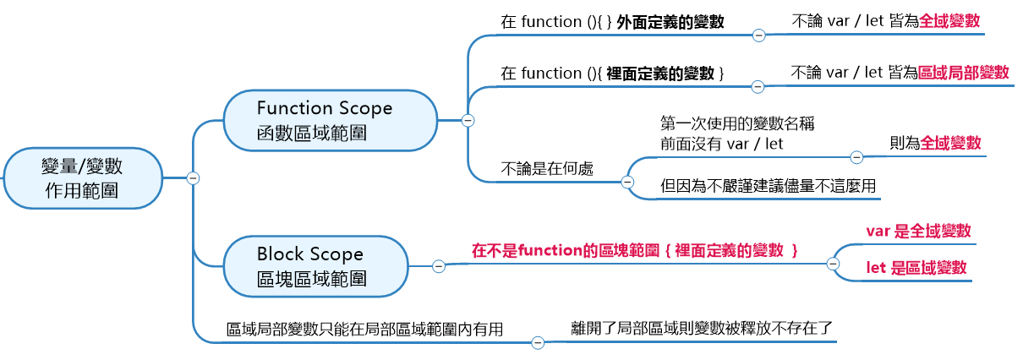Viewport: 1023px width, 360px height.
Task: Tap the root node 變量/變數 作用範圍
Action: tap(81, 178)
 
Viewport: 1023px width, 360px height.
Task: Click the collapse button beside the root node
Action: tap(193, 177)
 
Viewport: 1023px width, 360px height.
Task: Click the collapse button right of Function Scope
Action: tap(468, 120)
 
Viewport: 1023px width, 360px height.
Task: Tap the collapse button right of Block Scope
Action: tap(439, 266)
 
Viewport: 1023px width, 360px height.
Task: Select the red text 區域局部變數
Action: tap(964, 73)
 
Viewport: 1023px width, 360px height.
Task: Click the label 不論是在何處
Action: tap(547, 168)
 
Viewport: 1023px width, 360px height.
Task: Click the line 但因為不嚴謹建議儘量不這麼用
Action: tap(769, 186)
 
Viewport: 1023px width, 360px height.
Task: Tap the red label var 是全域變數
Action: tap(918, 231)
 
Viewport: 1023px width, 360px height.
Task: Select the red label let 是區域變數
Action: tap(916, 268)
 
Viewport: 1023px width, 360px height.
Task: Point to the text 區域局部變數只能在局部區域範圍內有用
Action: tap(365, 329)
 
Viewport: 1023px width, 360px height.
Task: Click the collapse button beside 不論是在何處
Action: tap(627, 182)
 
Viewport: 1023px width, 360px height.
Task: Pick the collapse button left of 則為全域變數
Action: tap(856, 157)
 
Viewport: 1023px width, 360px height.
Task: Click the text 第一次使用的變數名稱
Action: tap(736, 123)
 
